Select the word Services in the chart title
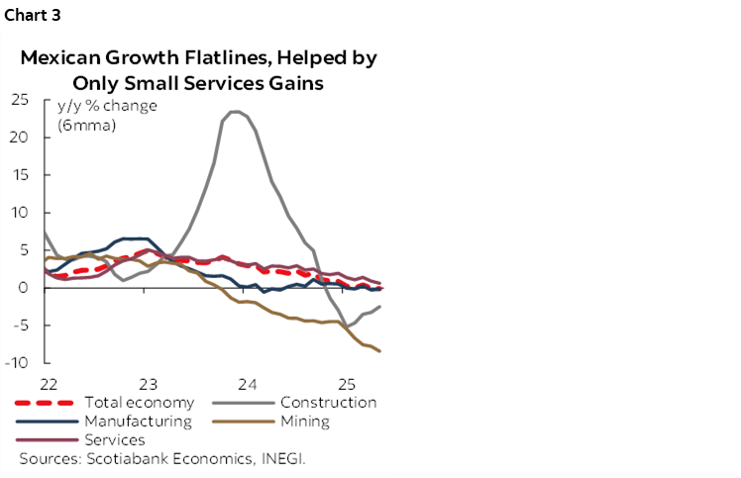[221, 82]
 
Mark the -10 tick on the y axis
[17, 363]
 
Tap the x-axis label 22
[48, 383]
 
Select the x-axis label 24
[247, 383]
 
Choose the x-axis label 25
[347, 383]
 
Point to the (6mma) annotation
[87, 125]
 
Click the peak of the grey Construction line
[236, 112]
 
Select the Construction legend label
[328, 403]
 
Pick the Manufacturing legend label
[138, 422]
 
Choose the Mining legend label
[304, 422]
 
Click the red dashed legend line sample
[46, 403]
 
